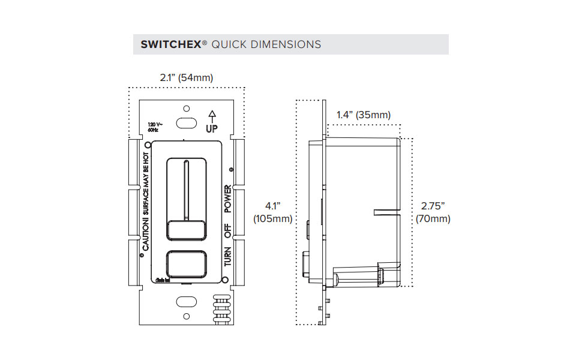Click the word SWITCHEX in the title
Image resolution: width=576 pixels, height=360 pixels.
click(x=170, y=44)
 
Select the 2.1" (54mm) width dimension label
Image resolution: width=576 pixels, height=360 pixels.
click(x=186, y=78)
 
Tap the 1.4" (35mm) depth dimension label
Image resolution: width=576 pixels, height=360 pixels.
click(x=363, y=115)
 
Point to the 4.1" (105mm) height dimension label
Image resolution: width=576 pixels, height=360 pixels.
click(x=272, y=212)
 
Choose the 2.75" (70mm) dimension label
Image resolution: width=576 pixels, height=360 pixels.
click(x=433, y=212)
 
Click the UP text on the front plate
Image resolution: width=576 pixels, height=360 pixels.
click(x=211, y=128)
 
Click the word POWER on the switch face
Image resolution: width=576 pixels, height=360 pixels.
click(x=228, y=200)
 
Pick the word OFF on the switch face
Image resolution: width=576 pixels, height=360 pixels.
click(x=228, y=231)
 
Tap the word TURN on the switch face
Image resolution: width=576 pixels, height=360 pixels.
click(x=228, y=256)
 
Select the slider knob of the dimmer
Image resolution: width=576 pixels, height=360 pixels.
click(x=186, y=230)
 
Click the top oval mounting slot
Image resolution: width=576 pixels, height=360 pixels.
click(x=186, y=123)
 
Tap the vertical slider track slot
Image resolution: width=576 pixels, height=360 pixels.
click(x=186, y=189)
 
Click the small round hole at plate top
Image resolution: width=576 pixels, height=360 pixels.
click(x=186, y=109)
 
